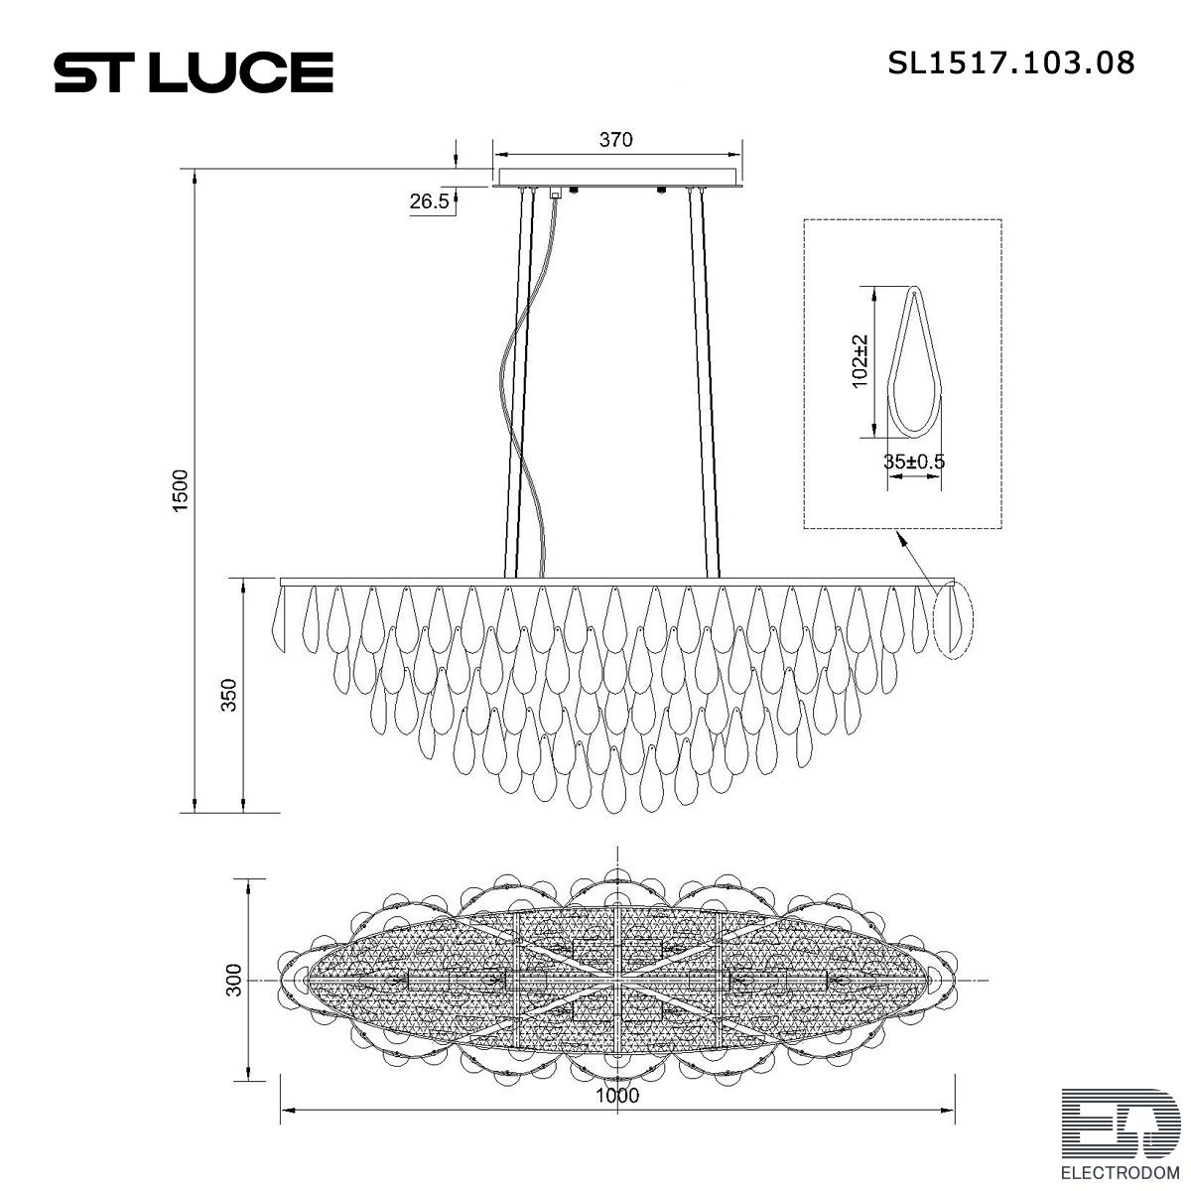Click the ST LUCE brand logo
pos(194,72)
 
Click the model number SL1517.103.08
pos(1011,64)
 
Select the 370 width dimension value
pos(615,140)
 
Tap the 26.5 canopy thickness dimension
pos(429,200)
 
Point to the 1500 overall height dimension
pos(180,490)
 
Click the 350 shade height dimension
pos(228,695)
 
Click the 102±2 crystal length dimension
pos(860,361)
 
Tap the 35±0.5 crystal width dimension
pos(914,462)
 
